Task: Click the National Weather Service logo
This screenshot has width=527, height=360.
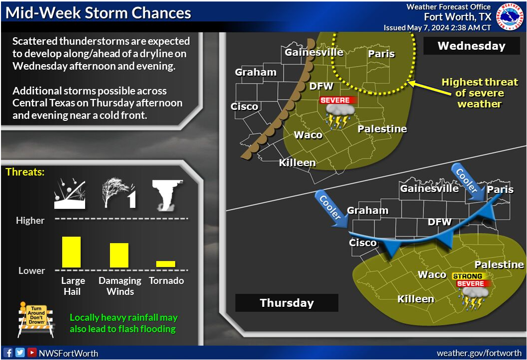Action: click(511, 16)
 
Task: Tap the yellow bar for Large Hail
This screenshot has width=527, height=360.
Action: click(71, 252)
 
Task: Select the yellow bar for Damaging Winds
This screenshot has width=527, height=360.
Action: click(119, 255)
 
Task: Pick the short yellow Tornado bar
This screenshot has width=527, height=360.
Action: click(166, 264)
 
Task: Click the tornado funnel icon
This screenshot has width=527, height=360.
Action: click(167, 195)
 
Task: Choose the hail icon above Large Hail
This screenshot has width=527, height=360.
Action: click(70, 194)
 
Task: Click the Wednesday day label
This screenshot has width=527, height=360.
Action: click(472, 46)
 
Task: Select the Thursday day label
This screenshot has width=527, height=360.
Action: click(287, 303)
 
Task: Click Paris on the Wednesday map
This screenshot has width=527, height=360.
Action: click(381, 54)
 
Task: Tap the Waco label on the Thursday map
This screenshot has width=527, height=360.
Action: click(432, 274)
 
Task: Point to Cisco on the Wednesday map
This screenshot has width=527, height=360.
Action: click(244, 106)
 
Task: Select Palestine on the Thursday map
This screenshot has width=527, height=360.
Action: click(499, 265)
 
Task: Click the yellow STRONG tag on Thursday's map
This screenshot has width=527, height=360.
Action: click(467, 276)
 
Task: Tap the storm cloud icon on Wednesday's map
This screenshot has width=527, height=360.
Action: click(340, 116)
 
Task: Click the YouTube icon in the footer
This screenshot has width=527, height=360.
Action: click(32, 352)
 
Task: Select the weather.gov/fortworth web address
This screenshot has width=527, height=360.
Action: click(479, 353)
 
